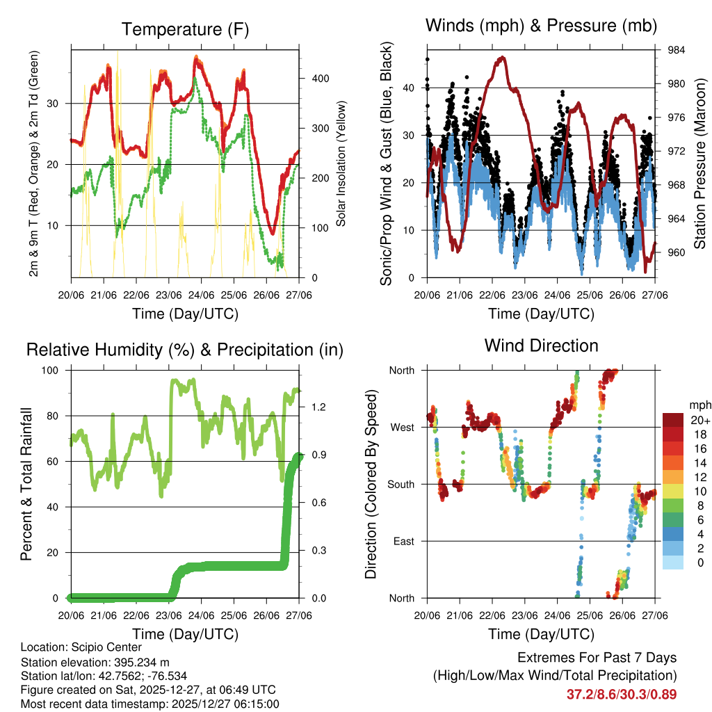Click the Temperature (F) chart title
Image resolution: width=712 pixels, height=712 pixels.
pos(184,29)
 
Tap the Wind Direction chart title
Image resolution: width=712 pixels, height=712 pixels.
pos(541,345)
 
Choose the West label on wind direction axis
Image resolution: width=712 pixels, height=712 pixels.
pos(402,427)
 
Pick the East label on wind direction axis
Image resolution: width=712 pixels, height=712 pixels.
pos(404,541)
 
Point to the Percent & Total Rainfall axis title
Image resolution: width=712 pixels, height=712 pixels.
pos(26,484)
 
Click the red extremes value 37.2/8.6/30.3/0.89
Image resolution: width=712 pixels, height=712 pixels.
pos(622,694)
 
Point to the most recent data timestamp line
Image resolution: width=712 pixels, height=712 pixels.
pos(149,704)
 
